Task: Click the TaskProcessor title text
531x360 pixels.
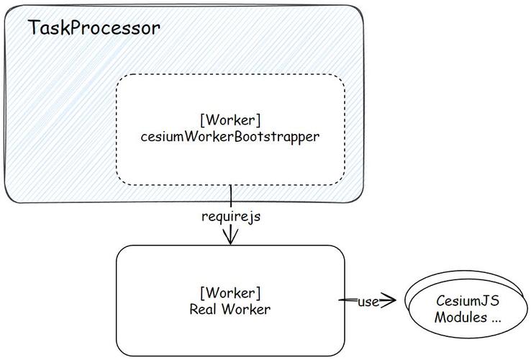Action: click(94, 28)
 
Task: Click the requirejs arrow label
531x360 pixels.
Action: click(230, 216)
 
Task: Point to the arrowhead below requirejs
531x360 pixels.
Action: click(230, 238)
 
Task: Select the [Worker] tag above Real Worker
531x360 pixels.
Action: click(230, 293)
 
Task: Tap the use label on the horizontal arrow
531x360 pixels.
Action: click(368, 302)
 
